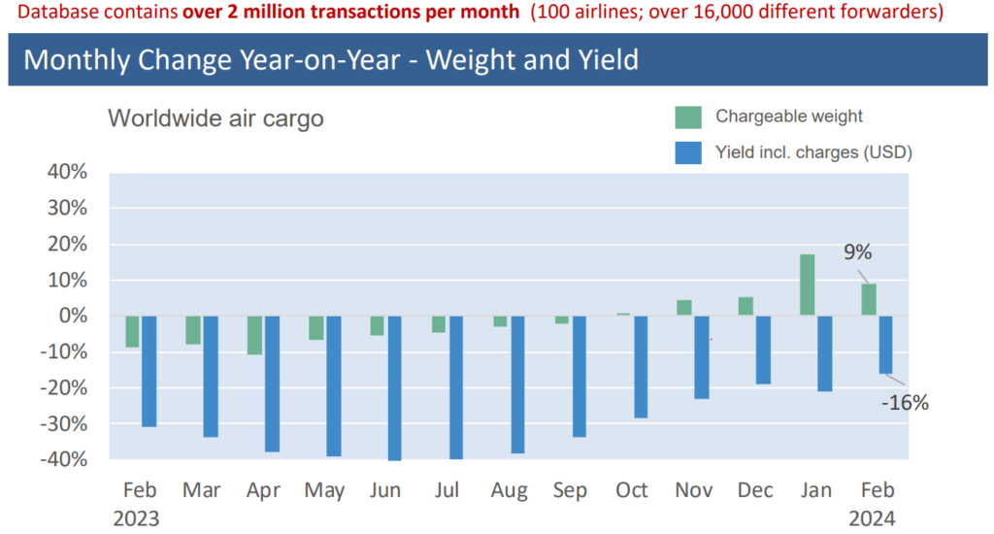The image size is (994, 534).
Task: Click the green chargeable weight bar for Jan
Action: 807,284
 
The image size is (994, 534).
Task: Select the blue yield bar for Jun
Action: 394,387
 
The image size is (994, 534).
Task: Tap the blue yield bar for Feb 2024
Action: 885,344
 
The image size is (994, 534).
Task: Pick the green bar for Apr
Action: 255,335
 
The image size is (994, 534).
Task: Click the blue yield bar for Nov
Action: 702,356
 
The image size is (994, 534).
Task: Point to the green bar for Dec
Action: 745,306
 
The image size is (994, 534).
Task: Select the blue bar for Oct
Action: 641,366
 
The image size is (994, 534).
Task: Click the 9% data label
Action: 857,252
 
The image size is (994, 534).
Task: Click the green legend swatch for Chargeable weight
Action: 687,117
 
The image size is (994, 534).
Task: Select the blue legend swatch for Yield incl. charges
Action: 687,151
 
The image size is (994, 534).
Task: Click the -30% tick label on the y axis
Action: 63,423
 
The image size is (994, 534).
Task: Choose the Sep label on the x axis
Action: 570,491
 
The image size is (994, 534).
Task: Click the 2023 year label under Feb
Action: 136,517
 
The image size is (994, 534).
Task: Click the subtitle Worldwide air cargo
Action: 215,118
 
